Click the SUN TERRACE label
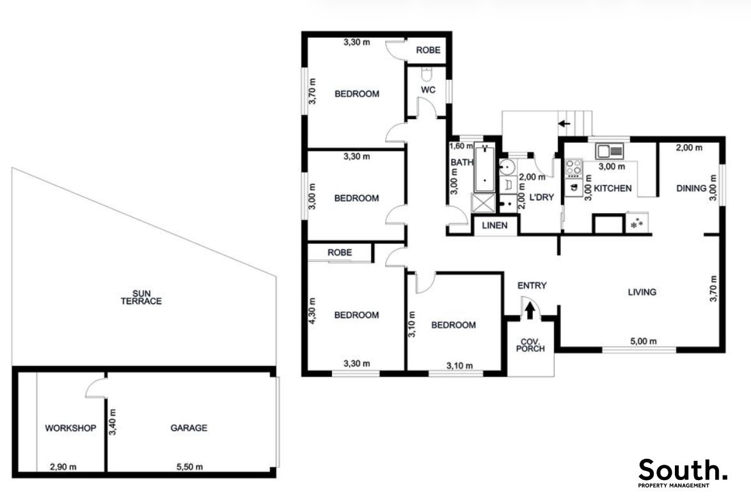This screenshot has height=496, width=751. [x=141, y=298]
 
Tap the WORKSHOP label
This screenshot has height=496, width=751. [x=70, y=428]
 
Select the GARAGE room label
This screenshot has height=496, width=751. [x=189, y=428]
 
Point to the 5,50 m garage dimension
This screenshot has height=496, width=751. [x=189, y=467]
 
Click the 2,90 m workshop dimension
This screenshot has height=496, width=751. [x=63, y=467]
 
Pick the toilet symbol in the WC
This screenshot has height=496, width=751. [x=427, y=75]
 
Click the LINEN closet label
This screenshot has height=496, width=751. [x=494, y=225]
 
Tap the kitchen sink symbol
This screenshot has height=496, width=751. [x=609, y=151]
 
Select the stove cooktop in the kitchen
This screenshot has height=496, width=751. [x=573, y=168]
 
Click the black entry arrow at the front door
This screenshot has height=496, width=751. [x=530, y=310]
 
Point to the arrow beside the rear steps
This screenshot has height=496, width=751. [x=564, y=124]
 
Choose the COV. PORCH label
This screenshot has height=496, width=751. [x=530, y=345]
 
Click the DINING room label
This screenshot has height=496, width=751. [x=691, y=188]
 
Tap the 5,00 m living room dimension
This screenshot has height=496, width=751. [x=644, y=341]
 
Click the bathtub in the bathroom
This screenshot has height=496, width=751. [x=485, y=169]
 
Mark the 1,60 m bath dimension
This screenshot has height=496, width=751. [x=461, y=146]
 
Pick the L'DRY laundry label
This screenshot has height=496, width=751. [x=542, y=197]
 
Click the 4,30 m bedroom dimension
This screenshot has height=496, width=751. [x=313, y=311]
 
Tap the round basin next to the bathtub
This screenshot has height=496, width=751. [x=506, y=167]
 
